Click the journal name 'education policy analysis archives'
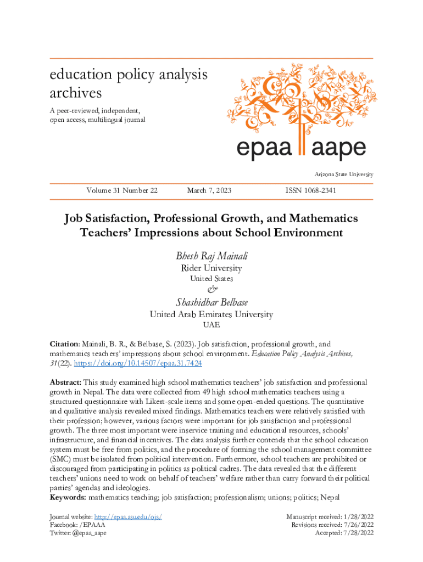129,82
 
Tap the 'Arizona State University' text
344,175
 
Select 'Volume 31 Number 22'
122,190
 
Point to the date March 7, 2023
209,190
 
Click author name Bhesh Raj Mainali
211,256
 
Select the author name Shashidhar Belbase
211,302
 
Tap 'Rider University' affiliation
211,268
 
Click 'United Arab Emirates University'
211,315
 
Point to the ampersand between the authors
211,289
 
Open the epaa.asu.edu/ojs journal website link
128,517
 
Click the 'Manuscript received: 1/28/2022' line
330,517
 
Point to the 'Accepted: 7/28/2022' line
344,533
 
